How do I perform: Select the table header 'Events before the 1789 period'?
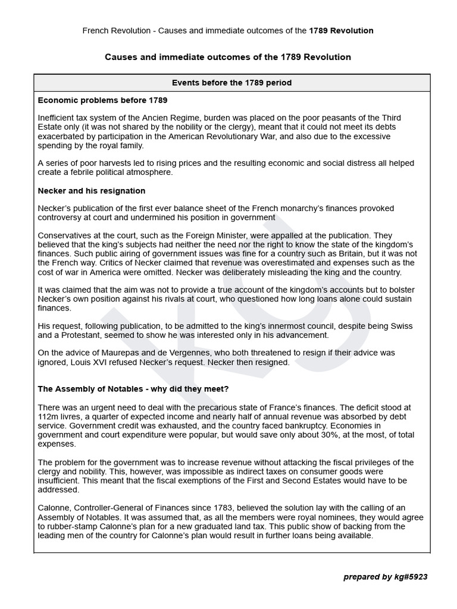click(231, 83)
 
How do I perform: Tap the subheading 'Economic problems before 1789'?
click(102, 100)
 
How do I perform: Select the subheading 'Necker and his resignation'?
click(91, 191)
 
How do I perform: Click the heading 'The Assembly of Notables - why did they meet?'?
click(133, 389)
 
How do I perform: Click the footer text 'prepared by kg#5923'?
click(385, 577)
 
